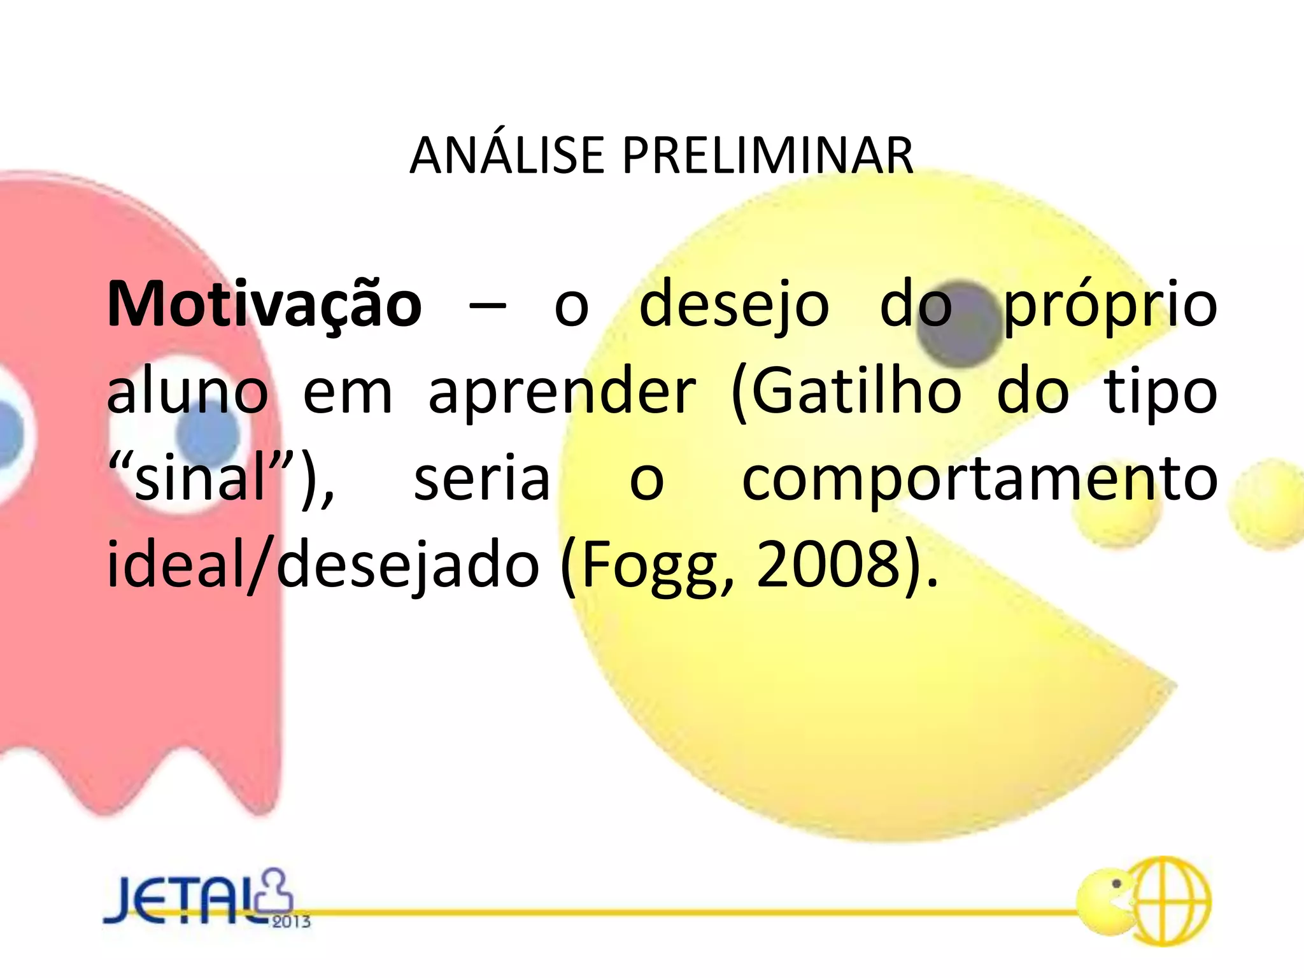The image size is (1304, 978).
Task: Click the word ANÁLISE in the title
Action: (x=506, y=156)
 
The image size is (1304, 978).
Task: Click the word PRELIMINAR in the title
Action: (x=768, y=156)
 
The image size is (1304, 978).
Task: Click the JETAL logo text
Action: (x=185, y=900)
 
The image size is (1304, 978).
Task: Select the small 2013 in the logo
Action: (x=291, y=921)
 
